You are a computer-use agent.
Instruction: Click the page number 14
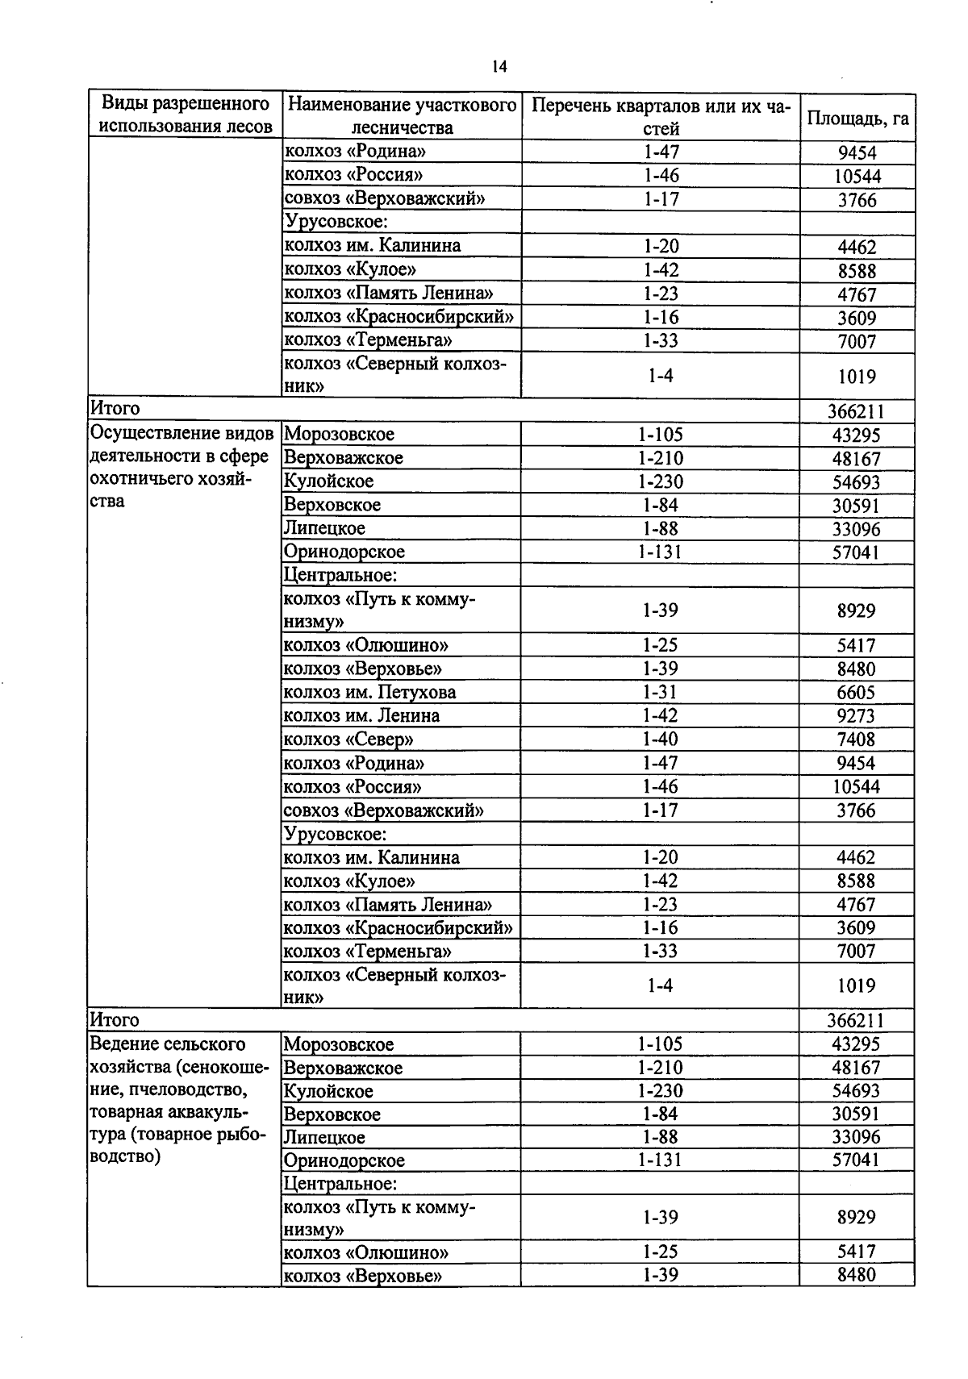[x=499, y=67]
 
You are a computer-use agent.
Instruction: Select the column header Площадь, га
[x=857, y=118]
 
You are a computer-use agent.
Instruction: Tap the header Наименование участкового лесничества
[x=402, y=116]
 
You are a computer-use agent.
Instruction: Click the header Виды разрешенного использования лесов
[x=185, y=115]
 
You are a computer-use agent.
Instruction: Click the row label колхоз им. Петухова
[x=369, y=692]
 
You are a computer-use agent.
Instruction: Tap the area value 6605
[x=856, y=692]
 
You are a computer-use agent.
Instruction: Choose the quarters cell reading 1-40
[x=660, y=739]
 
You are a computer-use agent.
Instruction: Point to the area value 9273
[x=856, y=715]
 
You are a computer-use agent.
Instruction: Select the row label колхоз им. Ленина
[x=361, y=715]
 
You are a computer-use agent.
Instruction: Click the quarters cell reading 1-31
[x=660, y=692]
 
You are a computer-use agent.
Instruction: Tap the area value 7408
[x=856, y=739]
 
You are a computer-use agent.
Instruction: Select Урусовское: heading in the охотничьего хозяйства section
[x=336, y=833]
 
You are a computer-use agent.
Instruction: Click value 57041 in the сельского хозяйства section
[x=856, y=1160]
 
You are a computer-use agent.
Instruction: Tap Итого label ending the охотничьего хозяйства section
[x=115, y=1020]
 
